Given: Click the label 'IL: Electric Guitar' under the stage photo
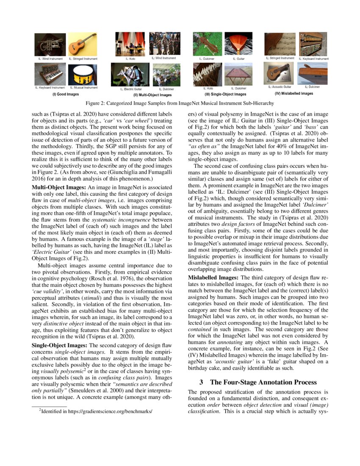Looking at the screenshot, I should tap(130, 89).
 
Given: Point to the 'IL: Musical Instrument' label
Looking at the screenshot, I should tap(83, 88).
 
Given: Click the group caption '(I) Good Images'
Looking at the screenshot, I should tap(65, 94).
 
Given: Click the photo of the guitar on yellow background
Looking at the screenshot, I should tap(83, 44).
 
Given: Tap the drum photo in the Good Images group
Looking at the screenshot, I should tap(83, 74).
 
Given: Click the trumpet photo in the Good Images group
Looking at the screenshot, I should tap(50, 44).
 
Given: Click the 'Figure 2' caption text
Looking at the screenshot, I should tap(180, 104).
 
